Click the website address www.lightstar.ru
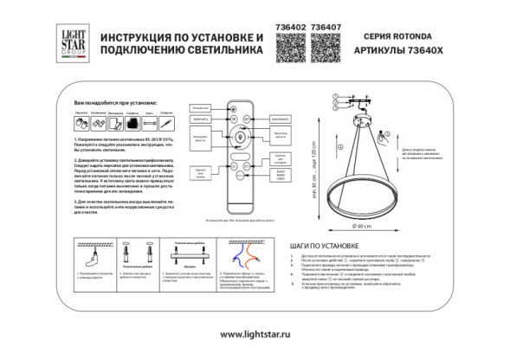(255, 335)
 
